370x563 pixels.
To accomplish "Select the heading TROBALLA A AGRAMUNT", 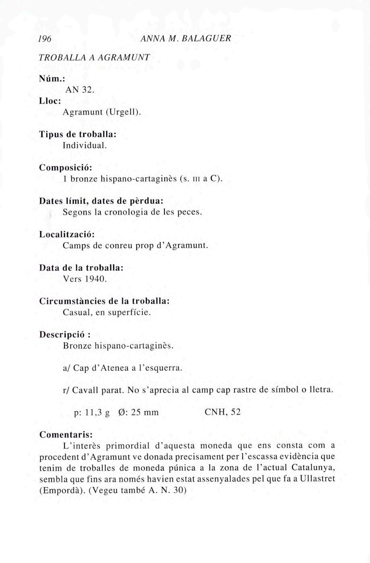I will (95, 57).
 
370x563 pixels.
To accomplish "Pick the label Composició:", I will (66, 167).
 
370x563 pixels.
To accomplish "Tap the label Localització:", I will (67, 234).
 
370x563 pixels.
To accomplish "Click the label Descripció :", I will (64, 334).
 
